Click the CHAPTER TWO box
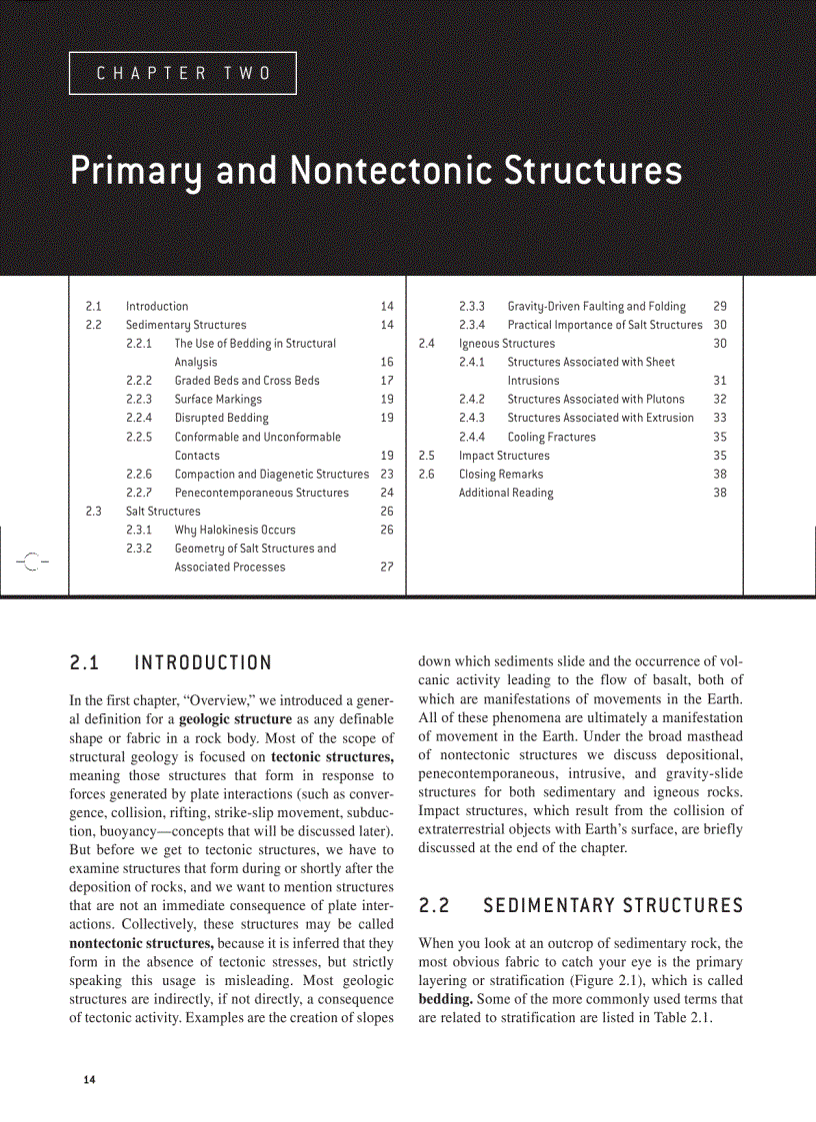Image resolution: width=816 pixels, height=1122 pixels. click(183, 73)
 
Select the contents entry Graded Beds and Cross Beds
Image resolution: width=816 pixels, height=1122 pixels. click(247, 381)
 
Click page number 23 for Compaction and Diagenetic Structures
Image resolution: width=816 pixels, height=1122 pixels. click(387, 474)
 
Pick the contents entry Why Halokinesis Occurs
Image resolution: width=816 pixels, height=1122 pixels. click(235, 530)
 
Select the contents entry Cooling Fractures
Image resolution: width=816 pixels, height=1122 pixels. click(551, 437)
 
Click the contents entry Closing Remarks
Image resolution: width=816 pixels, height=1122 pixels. click(501, 474)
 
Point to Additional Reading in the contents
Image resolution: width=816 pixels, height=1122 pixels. click(506, 493)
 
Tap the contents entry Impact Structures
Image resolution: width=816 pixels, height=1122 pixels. click(504, 456)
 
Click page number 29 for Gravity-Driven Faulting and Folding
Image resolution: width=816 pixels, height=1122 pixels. click(720, 307)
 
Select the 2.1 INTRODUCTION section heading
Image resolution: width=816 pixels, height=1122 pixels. click(171, 663)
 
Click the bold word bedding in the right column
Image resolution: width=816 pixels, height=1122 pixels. click(446, 999)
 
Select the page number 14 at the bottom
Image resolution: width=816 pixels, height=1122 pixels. click(90, 1080)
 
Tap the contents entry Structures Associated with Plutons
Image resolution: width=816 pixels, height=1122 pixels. click(595, 400)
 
